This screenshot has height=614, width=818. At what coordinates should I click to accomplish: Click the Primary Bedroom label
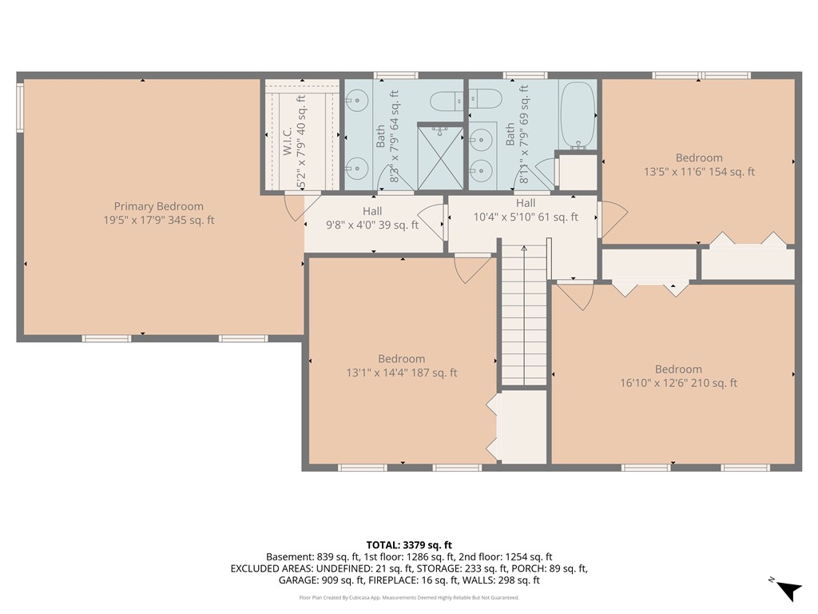coord(158,206)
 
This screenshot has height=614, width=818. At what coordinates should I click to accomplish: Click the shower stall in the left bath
coord(441,157)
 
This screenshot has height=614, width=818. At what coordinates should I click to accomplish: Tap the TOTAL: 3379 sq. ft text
coord(408,544)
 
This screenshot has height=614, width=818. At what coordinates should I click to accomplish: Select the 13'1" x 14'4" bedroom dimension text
coord(402,373)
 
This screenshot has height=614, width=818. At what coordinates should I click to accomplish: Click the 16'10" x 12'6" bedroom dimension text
coord(678,383)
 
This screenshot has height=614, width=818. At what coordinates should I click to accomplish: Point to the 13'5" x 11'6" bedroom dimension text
coord(699,172)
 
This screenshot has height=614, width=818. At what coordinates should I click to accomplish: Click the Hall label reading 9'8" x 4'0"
coord(372,225)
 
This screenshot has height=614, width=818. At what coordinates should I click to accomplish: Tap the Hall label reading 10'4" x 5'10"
coord(525,217)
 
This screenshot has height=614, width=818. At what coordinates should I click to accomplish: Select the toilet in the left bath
coord(444,102)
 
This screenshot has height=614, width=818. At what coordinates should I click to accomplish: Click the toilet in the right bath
coord(486,100)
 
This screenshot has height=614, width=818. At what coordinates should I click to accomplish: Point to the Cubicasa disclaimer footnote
coord(408,598)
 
